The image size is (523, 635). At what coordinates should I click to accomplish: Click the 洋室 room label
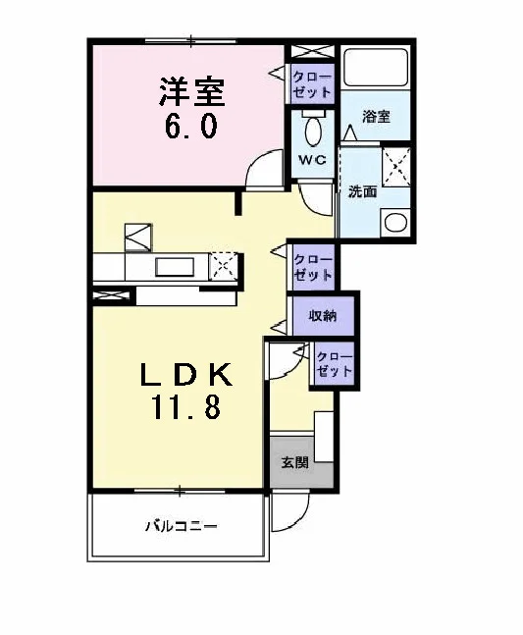192,92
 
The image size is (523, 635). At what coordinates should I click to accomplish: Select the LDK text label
186,375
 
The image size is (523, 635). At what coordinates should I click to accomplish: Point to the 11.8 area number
186,406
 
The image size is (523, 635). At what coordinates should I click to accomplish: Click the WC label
312,160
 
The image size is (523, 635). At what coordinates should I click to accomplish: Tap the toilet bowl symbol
313,131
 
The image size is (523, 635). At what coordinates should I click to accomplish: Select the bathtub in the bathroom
375,68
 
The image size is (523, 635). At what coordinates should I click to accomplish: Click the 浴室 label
376,117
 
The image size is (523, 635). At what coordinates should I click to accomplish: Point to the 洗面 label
363,191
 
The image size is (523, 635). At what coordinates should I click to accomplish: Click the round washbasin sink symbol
395,222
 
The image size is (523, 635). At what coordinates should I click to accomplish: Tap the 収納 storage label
323,315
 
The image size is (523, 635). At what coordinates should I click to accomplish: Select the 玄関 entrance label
295,462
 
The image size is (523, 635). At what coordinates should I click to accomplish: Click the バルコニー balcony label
181,526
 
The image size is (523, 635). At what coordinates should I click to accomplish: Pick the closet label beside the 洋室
312,84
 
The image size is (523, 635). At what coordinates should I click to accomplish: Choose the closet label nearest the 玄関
334,364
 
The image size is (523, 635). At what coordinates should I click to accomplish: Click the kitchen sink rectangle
176,267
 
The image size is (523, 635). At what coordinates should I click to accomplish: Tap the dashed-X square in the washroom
396,167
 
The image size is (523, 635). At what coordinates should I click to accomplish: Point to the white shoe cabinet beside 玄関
324,437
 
